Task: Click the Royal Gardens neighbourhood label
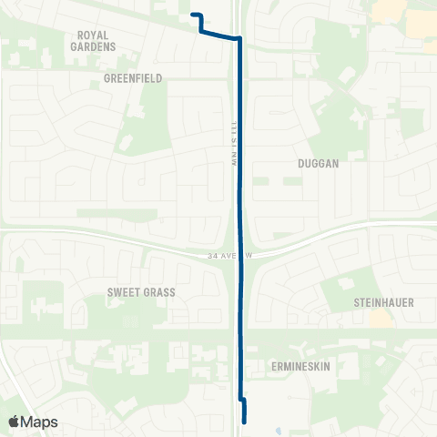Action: point(96,40)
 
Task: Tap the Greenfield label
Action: point(132,78)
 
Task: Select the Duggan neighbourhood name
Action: point(318,164)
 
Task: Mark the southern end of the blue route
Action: point(244,421)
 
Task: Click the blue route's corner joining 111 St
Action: point(239,39)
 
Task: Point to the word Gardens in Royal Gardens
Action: point(96,46)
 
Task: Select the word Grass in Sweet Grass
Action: point(158,292)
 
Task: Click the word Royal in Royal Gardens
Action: point(96,35)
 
